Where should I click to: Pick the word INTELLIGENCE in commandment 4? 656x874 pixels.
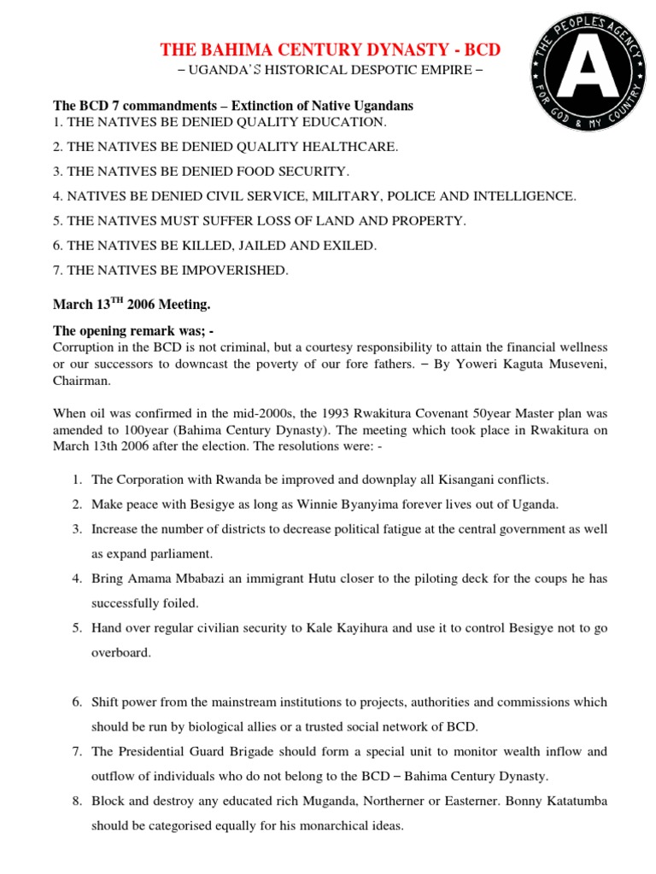525,196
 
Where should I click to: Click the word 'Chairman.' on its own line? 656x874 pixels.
82,382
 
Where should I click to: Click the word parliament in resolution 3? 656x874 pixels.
199,553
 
